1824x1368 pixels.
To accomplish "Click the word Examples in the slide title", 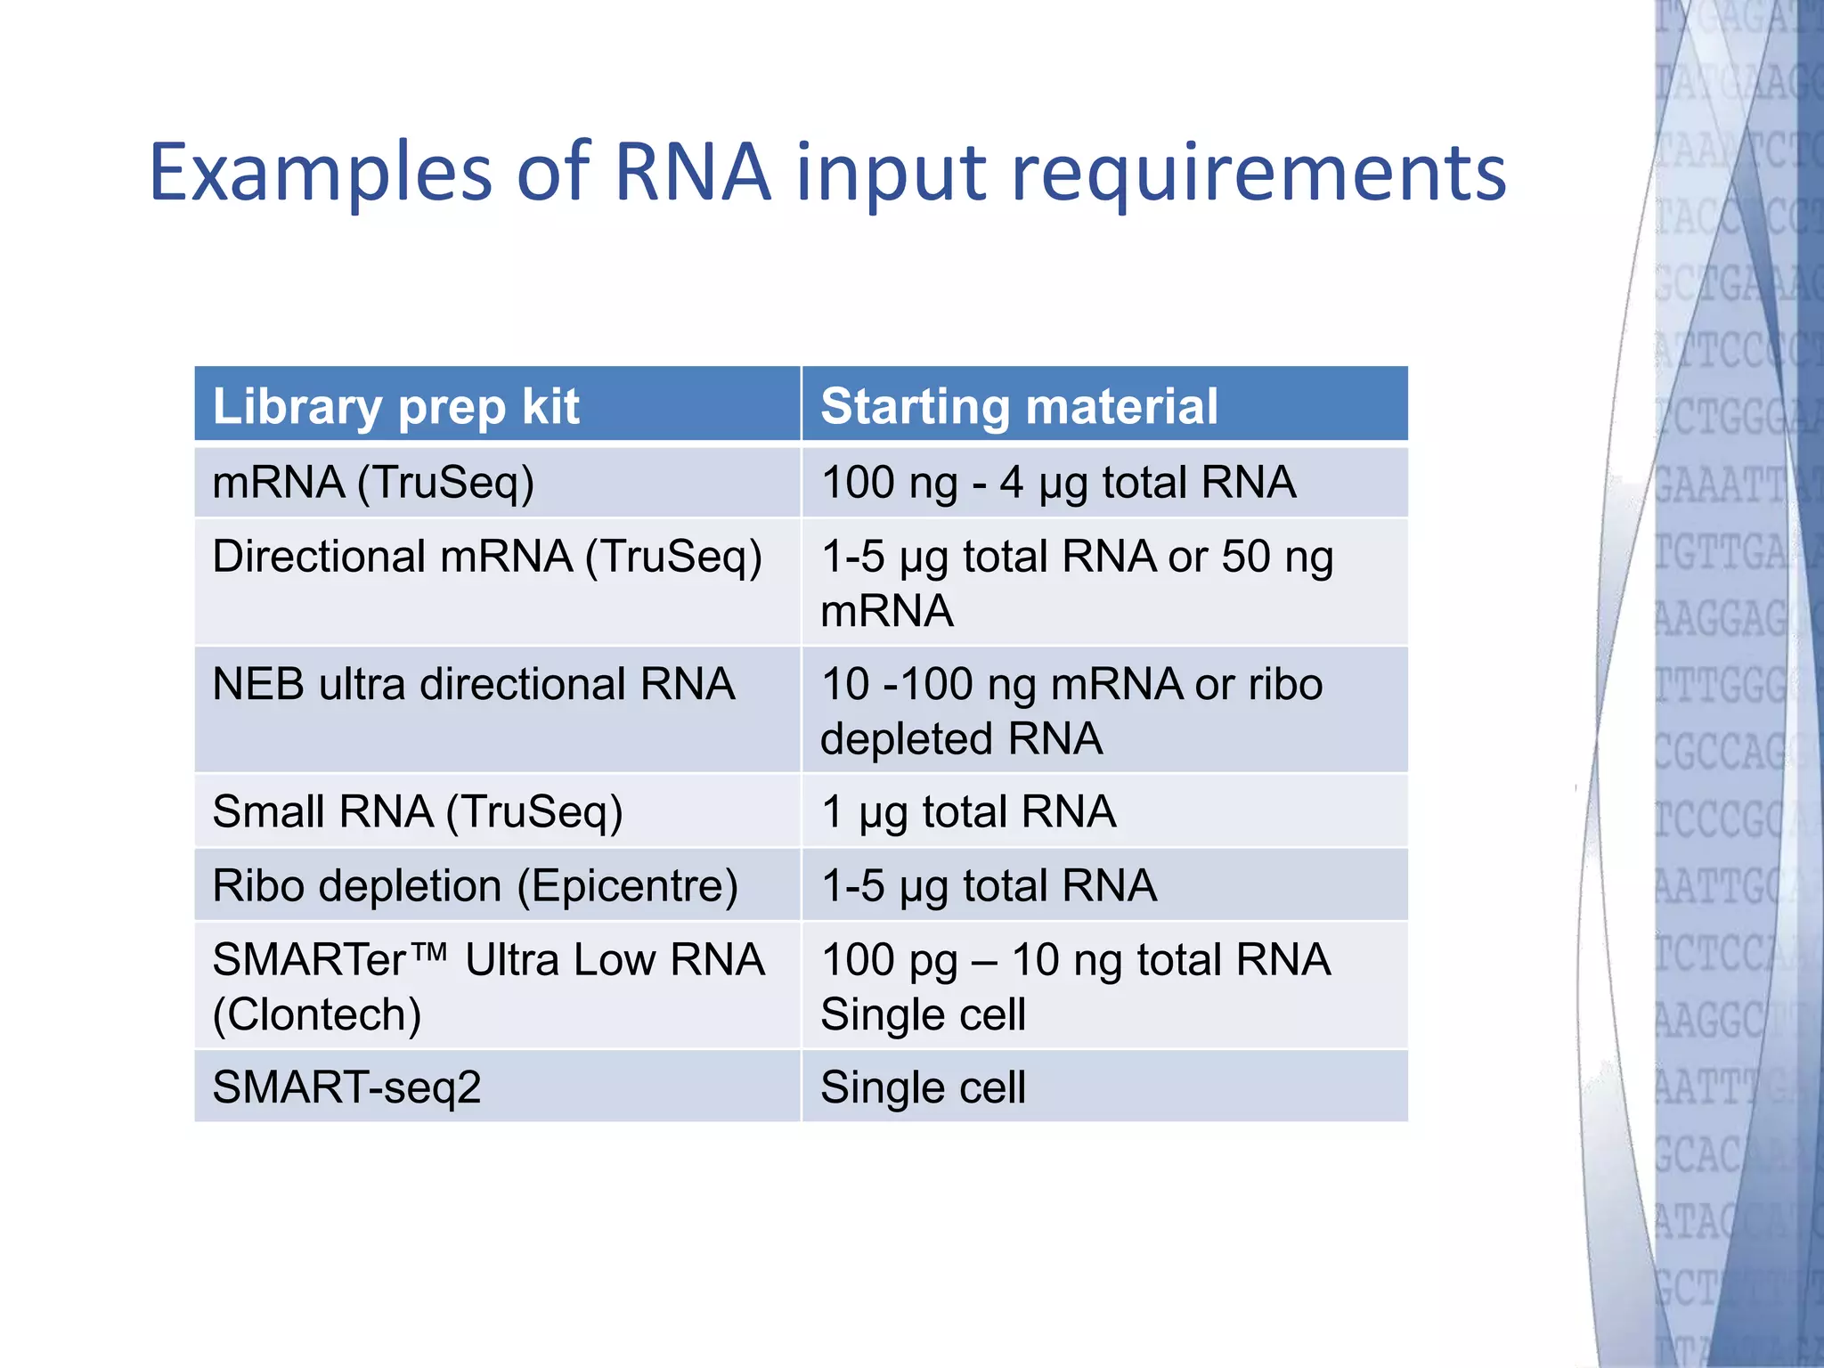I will tap(321, 172).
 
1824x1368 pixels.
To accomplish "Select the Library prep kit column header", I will tap(395, 407).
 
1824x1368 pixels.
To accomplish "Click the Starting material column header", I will tap(1019, 407).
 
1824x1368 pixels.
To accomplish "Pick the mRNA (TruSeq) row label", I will tap(373, 483).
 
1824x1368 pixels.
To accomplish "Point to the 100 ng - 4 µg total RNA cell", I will tap(1058, 483).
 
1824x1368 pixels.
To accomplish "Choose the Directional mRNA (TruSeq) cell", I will tap(487, 558).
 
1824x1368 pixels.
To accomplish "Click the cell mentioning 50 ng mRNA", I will tap(1076, 583).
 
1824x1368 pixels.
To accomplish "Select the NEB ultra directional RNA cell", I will tap(473, 685).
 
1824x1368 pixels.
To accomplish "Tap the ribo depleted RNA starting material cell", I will tap(1071, 711).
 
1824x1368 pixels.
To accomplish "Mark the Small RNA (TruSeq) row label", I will tap(417, 812).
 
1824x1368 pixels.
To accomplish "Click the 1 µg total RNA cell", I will tap(968, 812).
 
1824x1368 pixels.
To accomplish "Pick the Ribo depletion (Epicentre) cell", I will tap(475, 886).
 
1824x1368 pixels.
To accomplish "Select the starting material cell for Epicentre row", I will tap(989, 886).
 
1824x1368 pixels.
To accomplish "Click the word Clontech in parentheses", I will tap(317, 1014).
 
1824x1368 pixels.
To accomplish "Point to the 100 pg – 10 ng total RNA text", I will tap(1075, 960).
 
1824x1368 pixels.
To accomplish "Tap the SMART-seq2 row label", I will tap(346, 1087).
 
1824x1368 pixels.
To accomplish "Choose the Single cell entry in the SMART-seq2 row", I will tap(923, 1087).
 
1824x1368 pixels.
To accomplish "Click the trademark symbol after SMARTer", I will tap(430, 952).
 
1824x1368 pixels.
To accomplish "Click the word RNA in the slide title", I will tap(691, 172).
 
